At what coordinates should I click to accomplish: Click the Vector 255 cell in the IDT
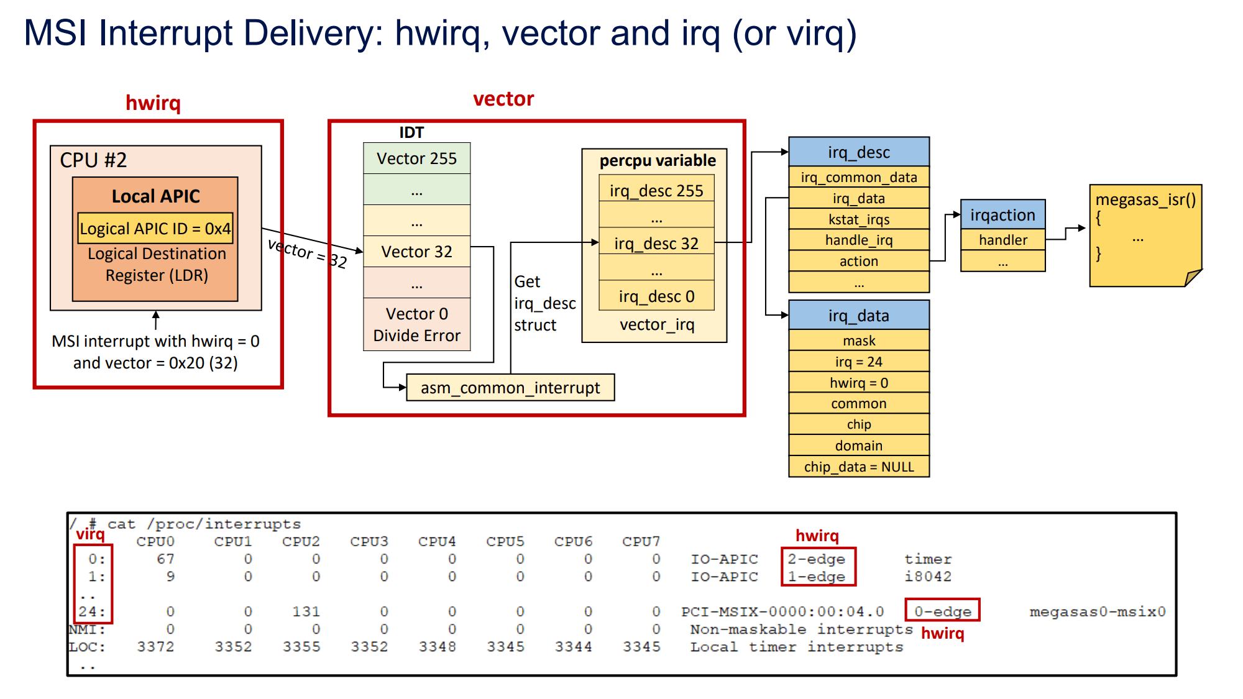pos(416,158)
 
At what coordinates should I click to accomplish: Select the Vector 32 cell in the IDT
pos(416,252)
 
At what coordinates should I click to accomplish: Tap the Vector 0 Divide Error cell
pos(416,324)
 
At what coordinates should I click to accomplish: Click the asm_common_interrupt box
pos(510,388)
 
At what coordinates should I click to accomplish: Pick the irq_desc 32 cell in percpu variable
pos(656,243)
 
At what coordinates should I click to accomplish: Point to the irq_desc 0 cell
pos(656,296)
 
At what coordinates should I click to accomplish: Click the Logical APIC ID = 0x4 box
pos(155,229)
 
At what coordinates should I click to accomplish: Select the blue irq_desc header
pos(859,152)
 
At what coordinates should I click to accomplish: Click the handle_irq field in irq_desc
pos(859,240)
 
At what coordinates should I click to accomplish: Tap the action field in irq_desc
pos(859,261)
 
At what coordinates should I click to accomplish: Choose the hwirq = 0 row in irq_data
pos(859,383)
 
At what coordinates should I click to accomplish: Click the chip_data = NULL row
pos(859,467)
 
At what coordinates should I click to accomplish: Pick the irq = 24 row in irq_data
pos(859,362)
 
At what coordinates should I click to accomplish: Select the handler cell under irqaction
pos(1002,240)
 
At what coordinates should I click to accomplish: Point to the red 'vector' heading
pos(503,99)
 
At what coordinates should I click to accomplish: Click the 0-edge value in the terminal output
pos(942,611)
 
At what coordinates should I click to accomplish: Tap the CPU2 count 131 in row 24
pos(306,611)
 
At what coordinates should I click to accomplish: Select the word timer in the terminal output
pos(928,559)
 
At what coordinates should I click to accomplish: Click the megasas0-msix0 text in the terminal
pos(1098,611)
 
